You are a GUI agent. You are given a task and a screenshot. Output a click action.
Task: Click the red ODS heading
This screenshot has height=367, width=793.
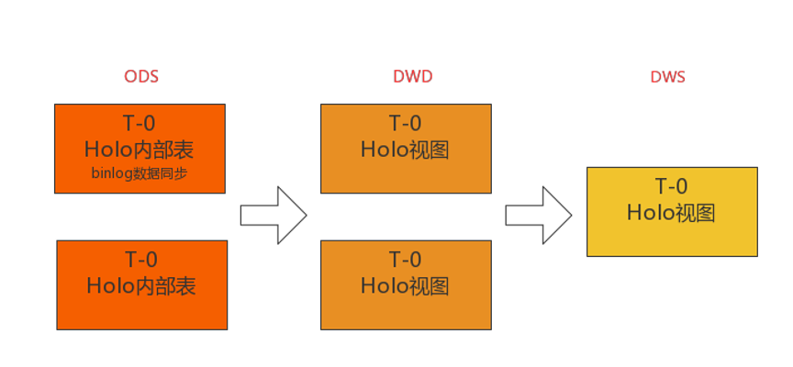tap(141, 77)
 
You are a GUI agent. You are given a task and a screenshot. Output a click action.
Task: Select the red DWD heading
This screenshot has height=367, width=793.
tap(407, 77)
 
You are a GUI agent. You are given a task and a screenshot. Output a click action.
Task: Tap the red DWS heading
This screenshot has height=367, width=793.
tap(668, 77)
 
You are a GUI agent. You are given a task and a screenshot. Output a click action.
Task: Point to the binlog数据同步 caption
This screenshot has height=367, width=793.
tap(140, 172)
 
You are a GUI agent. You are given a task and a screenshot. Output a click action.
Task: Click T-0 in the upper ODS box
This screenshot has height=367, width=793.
tap(140, 124)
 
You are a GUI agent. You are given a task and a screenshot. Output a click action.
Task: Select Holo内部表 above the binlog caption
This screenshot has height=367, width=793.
tap(140, 149)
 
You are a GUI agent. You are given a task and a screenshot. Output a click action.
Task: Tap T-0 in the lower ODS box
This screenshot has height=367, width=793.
tap(141, 261)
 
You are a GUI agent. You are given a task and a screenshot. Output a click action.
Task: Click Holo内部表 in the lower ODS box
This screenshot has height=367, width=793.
tap(141, 285)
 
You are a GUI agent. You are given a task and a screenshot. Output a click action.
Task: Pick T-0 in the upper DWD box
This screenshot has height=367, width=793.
tap(405, 124)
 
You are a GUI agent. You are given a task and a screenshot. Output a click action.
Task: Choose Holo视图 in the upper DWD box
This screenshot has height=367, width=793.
tap(405, 150)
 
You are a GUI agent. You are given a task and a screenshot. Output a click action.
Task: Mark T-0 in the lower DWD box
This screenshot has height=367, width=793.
tap(405, 261)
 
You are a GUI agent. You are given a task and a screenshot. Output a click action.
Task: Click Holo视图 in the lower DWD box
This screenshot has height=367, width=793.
tap(405, 285)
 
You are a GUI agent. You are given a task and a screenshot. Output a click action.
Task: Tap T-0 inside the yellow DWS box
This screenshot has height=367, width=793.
tap(671, 187)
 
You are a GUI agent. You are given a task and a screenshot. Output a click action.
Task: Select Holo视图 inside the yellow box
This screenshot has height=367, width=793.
tap(671, 213)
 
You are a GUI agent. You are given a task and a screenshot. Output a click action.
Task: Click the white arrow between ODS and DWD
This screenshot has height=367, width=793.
tap(273, 215)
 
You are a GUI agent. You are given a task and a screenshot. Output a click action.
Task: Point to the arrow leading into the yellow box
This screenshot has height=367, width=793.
tap(539, 215)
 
